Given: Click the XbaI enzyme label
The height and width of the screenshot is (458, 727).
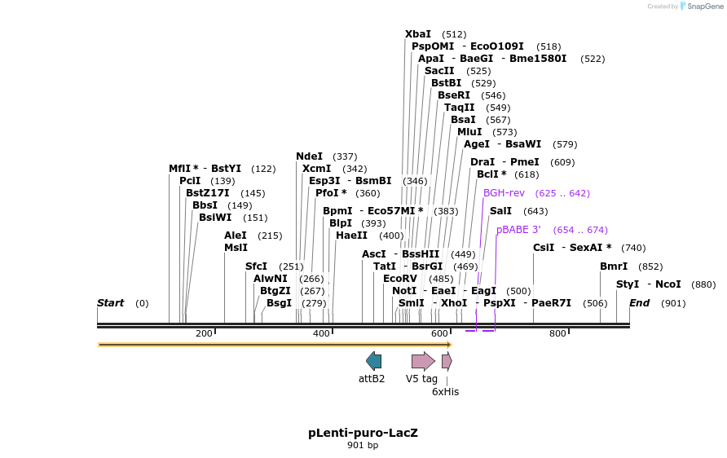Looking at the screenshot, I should coord(418,34).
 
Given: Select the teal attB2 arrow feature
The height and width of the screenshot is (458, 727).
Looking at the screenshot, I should coord(373,361).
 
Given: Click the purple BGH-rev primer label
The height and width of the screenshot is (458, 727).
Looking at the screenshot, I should coord(504,193).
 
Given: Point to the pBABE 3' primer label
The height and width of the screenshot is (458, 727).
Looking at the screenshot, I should coord(518,230).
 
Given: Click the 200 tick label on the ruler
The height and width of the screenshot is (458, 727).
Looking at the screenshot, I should coord(204,333).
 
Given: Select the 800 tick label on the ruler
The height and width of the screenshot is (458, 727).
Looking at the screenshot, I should coord(557,333).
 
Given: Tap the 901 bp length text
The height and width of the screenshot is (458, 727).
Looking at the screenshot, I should coord(363,445).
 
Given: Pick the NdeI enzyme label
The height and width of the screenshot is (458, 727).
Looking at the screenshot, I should coord(309,156).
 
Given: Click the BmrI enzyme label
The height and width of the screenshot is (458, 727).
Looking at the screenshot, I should coord(614,266).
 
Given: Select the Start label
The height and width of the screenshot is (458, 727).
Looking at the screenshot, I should coord(110,303).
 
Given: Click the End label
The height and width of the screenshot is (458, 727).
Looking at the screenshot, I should coord(640,303).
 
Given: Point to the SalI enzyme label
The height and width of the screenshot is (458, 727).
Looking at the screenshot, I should coord(500,211).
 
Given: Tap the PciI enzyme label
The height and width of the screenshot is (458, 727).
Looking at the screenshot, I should coord(190,181).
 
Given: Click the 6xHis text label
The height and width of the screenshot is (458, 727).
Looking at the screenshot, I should coord(445,392).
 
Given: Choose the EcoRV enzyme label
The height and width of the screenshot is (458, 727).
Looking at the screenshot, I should coord(400,279).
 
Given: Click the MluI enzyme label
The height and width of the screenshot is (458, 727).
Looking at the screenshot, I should coord(469,132).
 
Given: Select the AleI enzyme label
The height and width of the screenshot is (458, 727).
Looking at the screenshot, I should coord(236,236).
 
